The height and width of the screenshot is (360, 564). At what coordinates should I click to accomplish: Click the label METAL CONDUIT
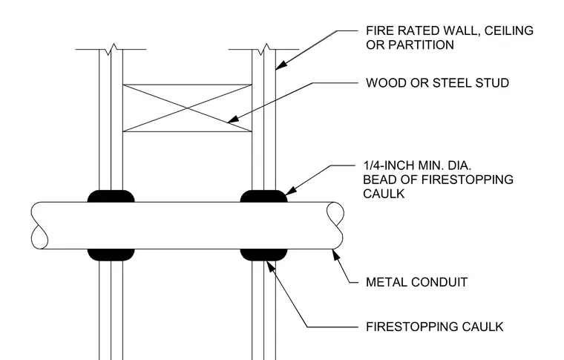(416, 282)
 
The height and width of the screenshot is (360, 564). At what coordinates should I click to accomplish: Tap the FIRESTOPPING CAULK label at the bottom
(435, 327)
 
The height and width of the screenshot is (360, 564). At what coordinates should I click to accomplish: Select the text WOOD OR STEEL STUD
(437, 82)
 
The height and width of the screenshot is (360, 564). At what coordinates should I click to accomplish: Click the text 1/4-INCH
(389, 166)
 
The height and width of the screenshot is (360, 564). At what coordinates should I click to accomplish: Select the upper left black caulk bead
(111, 196)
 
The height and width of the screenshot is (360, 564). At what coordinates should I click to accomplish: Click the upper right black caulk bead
(263, 196)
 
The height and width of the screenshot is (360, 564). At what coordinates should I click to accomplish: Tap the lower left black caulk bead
(111, 255)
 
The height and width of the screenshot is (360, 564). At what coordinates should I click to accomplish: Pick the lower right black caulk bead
(263, 255)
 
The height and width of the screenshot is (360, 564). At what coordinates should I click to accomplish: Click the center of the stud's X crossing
(187, 108)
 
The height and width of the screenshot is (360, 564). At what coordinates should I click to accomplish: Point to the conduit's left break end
(39, 226)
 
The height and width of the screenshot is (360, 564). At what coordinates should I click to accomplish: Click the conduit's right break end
(335, 226)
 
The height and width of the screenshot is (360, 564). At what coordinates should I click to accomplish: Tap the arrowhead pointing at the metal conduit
(335, 255)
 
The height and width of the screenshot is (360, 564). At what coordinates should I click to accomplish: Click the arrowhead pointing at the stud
(233, 120)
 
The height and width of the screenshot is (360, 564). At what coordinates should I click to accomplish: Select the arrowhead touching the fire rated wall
(281, 65)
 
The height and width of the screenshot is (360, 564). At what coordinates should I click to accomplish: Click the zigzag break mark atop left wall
(111, 49)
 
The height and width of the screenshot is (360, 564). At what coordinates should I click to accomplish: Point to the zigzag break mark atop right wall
(263, 49)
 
